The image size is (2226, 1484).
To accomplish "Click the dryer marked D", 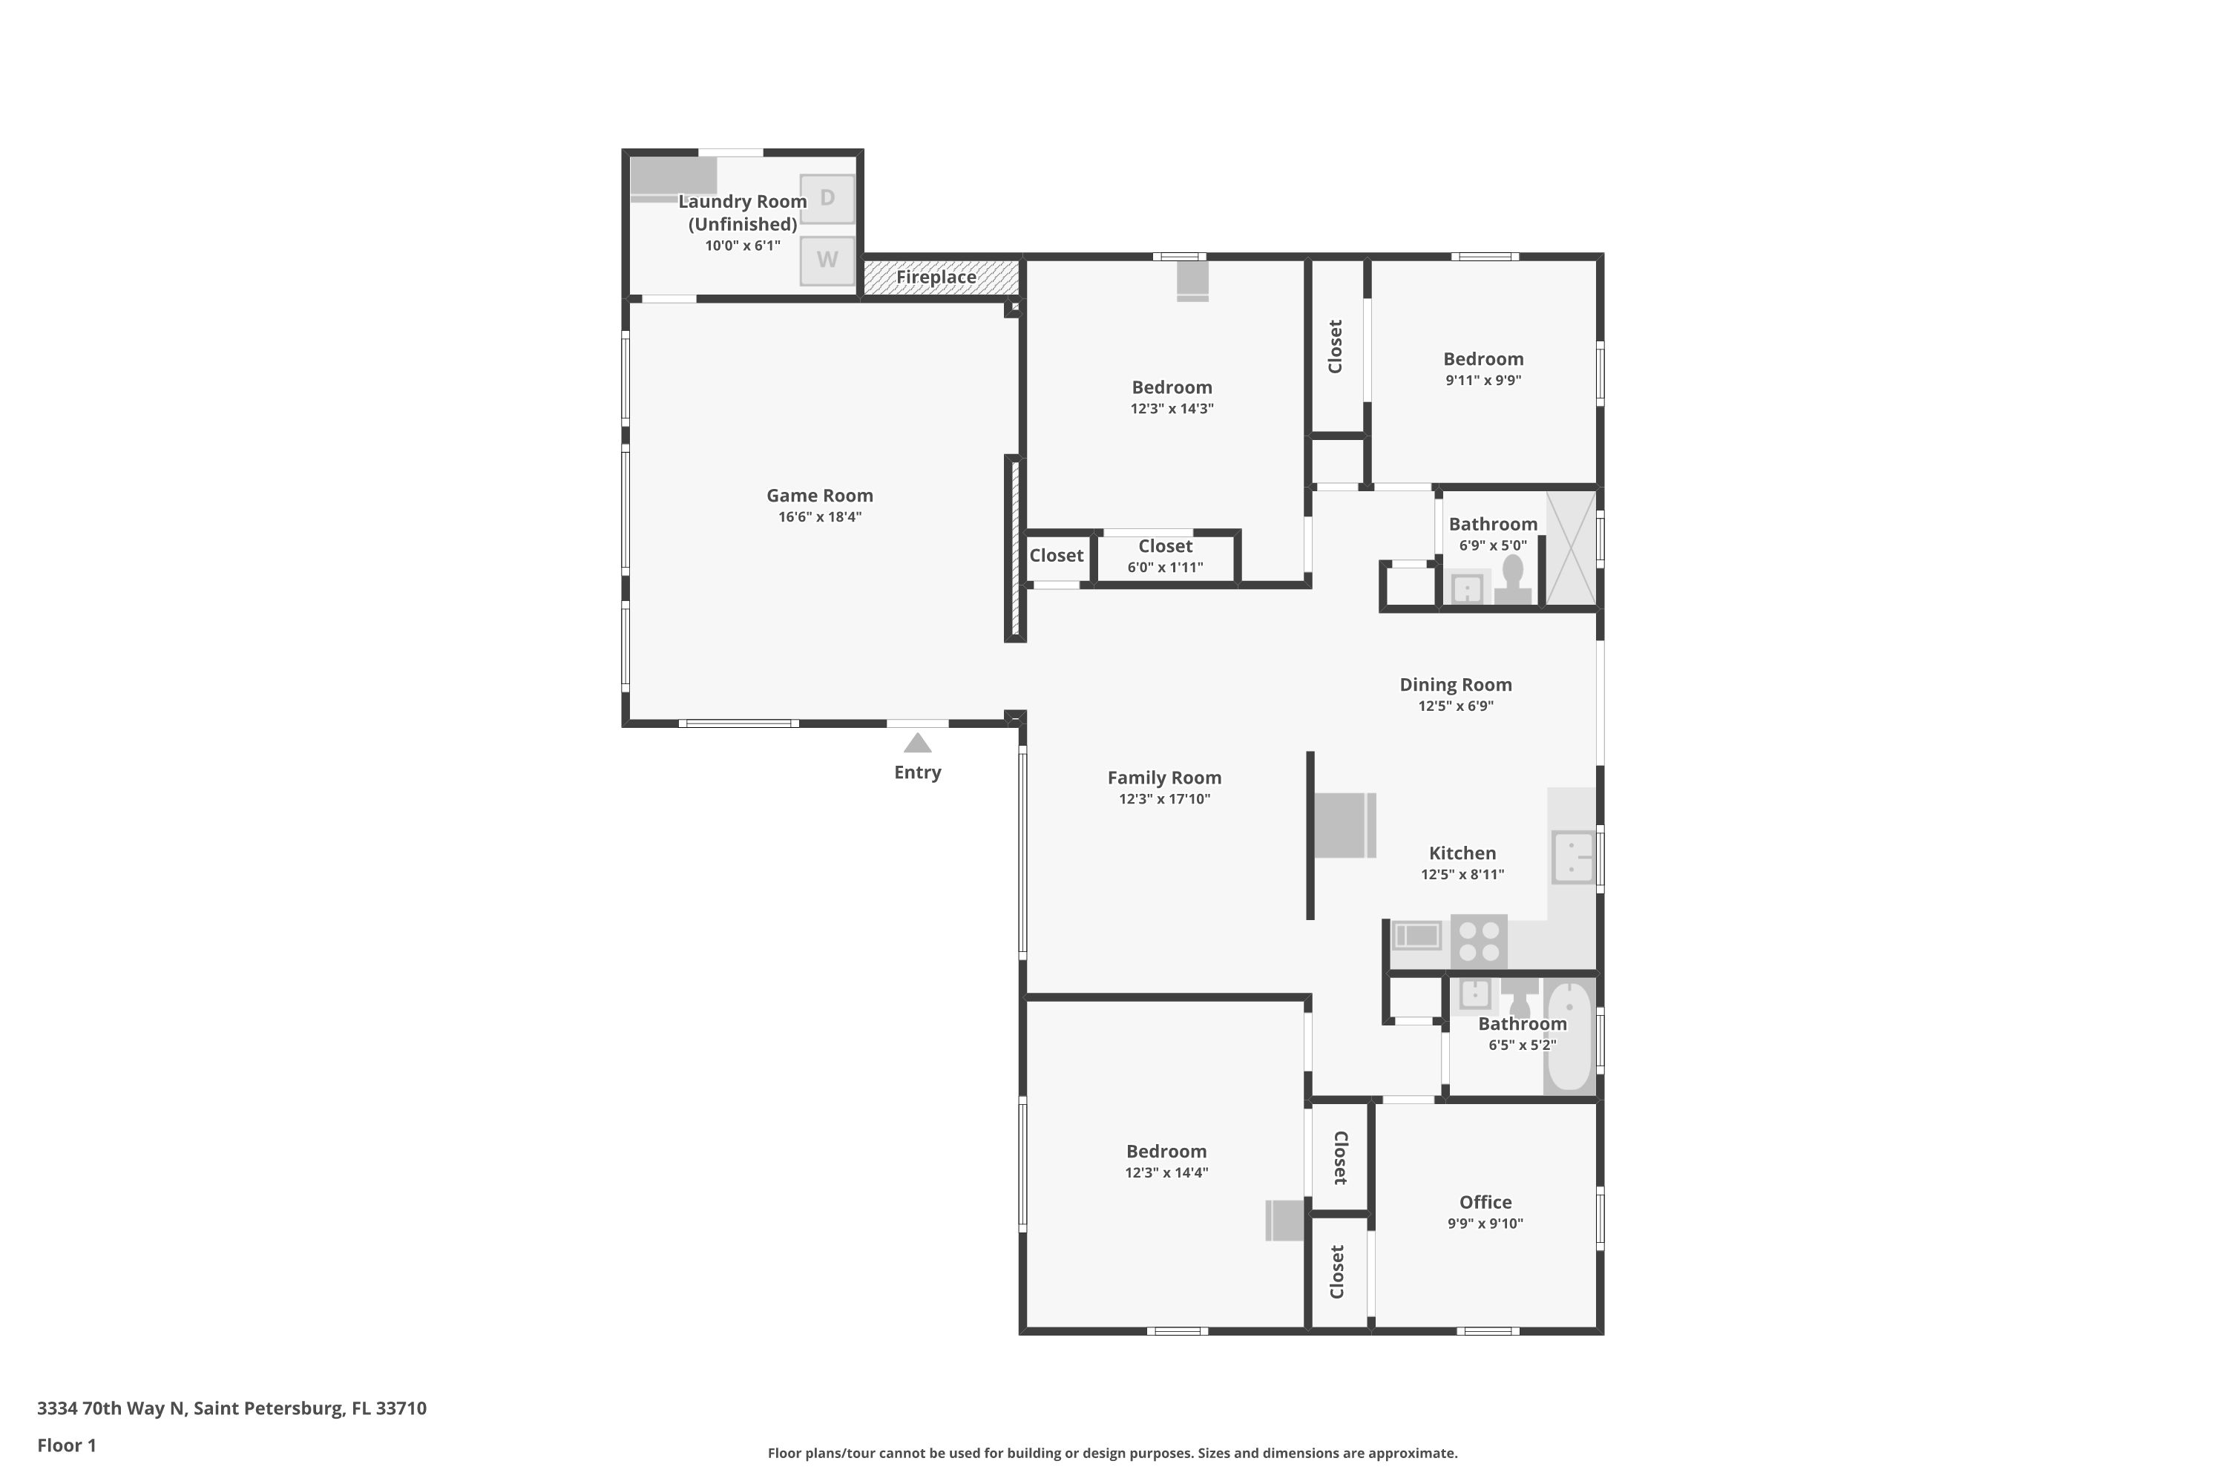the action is point(827,199).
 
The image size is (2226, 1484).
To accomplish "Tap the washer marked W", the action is point(827,260).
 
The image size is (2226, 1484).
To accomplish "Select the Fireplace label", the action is point(936,278).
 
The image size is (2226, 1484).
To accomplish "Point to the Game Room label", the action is point(820,495).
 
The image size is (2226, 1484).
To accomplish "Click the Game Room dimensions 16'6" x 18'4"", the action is point(820,516).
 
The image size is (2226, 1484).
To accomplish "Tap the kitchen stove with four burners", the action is point(1478,941).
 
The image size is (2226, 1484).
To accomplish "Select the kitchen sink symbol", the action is point(1573,858).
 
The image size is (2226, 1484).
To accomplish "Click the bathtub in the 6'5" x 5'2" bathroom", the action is point(1569,1037).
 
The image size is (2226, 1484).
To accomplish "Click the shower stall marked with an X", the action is point(1571,548).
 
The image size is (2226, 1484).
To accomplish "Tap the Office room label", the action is point(1485,1202).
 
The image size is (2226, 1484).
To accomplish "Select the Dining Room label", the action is point(1456,684).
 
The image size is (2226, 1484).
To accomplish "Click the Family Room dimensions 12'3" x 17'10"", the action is point(1164,799).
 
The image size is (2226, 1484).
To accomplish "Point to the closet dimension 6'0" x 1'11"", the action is point(1165,568).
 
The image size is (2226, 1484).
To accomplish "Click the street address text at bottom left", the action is point(232,1408).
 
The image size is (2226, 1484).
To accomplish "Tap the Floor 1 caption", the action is point(66,1445).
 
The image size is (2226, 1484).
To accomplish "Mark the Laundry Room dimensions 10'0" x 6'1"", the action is point(742,246).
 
